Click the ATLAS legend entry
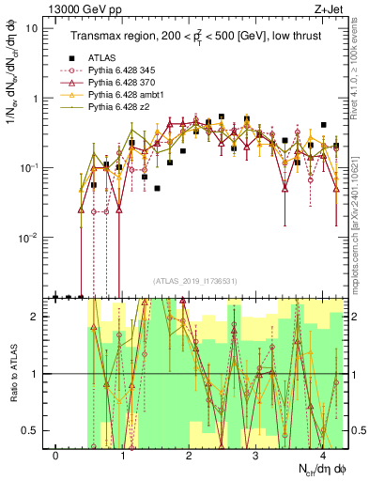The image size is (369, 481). pos(103,58)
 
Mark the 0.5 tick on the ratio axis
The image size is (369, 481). pos(29,430)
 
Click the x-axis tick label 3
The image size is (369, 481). pos(255,454)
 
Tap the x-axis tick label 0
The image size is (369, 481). pos(56,454)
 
